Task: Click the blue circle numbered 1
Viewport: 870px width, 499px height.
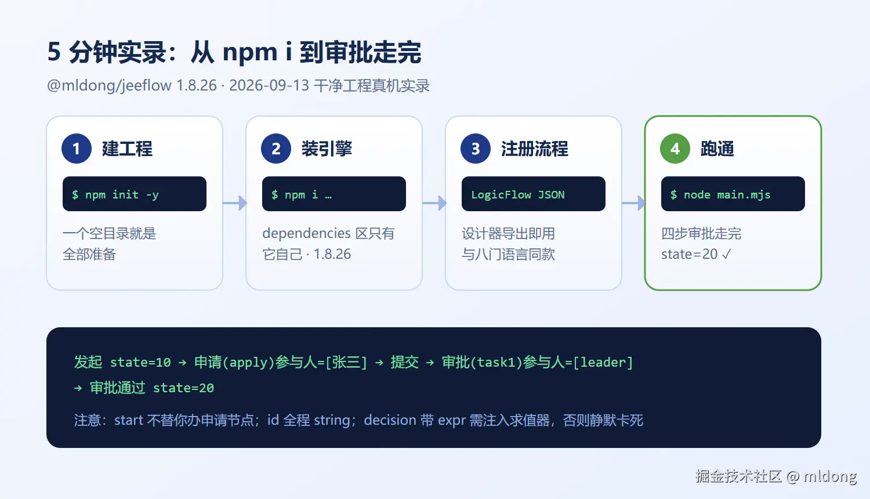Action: point(77,149)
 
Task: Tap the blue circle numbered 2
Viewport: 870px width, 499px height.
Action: point(276,149)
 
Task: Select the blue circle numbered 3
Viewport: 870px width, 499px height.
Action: point(476,149)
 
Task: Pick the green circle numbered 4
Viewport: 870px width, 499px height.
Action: point(675,149)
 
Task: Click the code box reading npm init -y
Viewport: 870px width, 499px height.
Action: point(135,194)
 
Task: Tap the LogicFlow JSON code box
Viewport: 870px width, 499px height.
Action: point(533,194)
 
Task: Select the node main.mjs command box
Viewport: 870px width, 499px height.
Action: point(733,194)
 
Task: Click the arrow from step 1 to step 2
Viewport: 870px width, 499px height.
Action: point(235,203)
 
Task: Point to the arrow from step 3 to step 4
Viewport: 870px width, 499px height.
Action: point(634,203)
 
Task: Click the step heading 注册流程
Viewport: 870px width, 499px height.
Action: point(534,149)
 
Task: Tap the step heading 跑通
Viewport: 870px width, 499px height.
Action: point(717,149)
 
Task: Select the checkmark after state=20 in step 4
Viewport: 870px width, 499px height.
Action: point(727,254)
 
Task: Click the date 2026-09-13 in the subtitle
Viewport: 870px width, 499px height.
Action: point(269,85)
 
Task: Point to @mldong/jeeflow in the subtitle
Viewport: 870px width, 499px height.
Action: point(109,85)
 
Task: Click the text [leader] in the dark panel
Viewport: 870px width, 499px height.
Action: point(603,362)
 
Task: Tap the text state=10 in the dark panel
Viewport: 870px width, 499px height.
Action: point(140,362)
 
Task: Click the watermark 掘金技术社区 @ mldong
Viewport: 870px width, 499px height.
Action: point(776,476)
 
